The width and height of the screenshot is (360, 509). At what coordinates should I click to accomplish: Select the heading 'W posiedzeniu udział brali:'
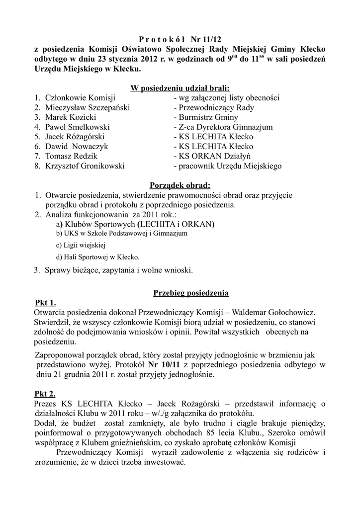[180, 88]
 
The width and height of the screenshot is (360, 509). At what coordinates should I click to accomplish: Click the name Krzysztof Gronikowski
[85, 166]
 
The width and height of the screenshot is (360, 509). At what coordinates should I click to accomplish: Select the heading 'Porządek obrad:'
[180, 185]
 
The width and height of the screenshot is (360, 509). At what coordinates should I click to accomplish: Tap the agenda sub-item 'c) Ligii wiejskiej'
[81, 245]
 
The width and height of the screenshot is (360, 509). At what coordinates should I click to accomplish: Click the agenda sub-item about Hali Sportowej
[98, 257]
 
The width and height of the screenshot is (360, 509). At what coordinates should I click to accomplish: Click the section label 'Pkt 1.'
[46, 303]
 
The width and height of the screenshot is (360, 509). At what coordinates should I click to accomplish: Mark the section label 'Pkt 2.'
[46, 394]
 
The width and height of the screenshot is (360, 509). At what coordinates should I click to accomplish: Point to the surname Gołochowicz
[288, 313]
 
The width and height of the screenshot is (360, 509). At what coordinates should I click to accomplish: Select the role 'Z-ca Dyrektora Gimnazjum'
[223, 127]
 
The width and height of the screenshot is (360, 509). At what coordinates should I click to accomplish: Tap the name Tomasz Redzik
[71, 156]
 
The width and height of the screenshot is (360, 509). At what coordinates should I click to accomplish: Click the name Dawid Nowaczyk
[77, 147]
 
